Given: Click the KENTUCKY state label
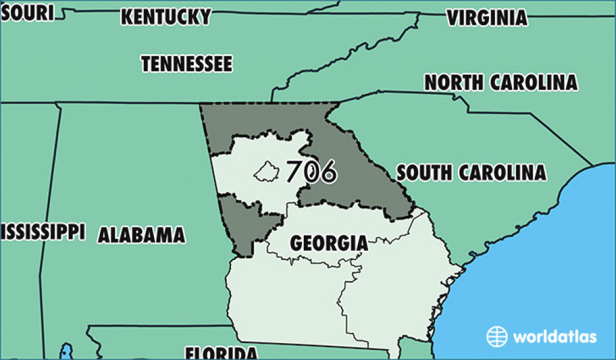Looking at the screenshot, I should (165, 17).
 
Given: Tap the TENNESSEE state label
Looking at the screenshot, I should (186, 63).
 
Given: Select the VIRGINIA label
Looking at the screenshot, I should (487, 18).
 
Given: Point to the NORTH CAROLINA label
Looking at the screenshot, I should (501, 82).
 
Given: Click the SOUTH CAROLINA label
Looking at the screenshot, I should (472, 173).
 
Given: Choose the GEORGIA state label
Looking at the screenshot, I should (328, 243).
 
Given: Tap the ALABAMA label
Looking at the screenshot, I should (141, 235).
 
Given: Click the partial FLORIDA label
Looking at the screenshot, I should (221, 353).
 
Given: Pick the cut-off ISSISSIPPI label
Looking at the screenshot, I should (42, 231).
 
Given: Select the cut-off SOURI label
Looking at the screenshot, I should (27, 13).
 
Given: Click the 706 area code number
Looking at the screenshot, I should (310, 172).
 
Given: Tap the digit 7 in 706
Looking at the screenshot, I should (295, 172).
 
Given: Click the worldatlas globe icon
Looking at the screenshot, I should (497, 336).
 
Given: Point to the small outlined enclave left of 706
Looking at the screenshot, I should (265, 172).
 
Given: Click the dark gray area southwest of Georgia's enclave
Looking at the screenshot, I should (241, 223).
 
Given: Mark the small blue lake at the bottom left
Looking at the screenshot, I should (66, 351).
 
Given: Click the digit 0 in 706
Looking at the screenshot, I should (310, 172).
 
